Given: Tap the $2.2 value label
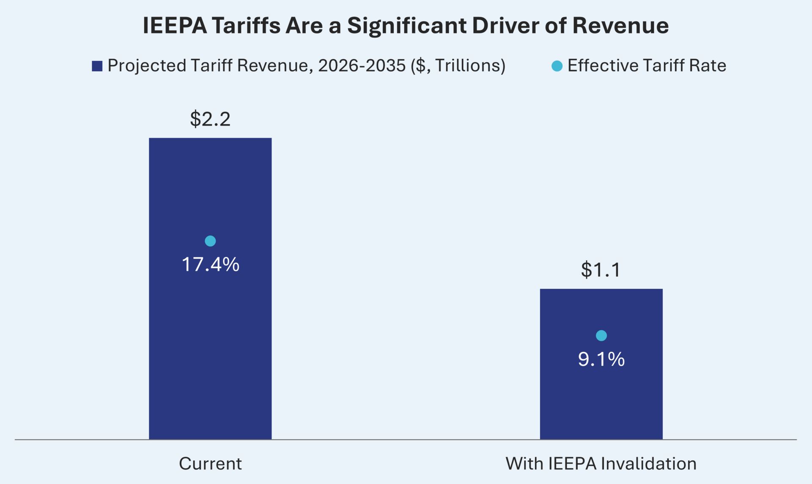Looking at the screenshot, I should [x=210, y=119].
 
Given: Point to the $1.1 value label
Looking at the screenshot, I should [x=601, y=270].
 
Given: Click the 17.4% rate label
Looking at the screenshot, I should [x=210, y=265].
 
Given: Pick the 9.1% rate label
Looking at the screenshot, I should [x=601, y=359].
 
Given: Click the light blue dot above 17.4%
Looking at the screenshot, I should [x=210, y=241].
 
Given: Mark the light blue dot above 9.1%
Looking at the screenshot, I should [x=601, y=336].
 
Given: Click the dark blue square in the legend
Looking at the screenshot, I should [x=97, y=66].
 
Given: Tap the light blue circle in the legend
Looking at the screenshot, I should [x=557, y=66].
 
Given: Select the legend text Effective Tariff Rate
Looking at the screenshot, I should [x=647, y=66].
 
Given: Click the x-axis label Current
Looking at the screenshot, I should [x=210, y=464].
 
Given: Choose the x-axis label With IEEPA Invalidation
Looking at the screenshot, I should [x=601, y=464].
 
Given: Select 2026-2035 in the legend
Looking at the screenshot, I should [x=362, y=66].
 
